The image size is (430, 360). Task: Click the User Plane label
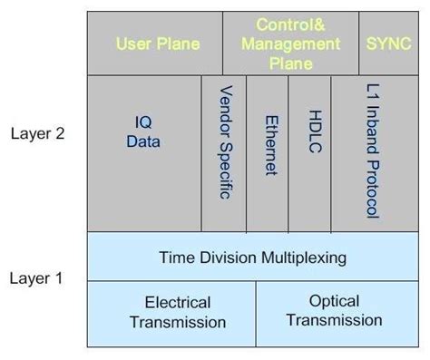pos(158,44)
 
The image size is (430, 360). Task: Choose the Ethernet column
pos(269,145)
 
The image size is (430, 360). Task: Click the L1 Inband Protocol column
pos(371,151)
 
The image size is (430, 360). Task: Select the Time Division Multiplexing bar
pos(252,258)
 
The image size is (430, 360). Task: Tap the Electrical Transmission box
pos(177,312)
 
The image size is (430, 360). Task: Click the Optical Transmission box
pos(333,310)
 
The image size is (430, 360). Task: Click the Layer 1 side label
pos(36,277)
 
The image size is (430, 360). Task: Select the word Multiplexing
pos(303,258)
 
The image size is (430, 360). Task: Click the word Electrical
pos(178,303)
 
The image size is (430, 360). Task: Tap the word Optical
pos(334,301)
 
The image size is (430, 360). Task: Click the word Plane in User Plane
pos(180,44)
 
